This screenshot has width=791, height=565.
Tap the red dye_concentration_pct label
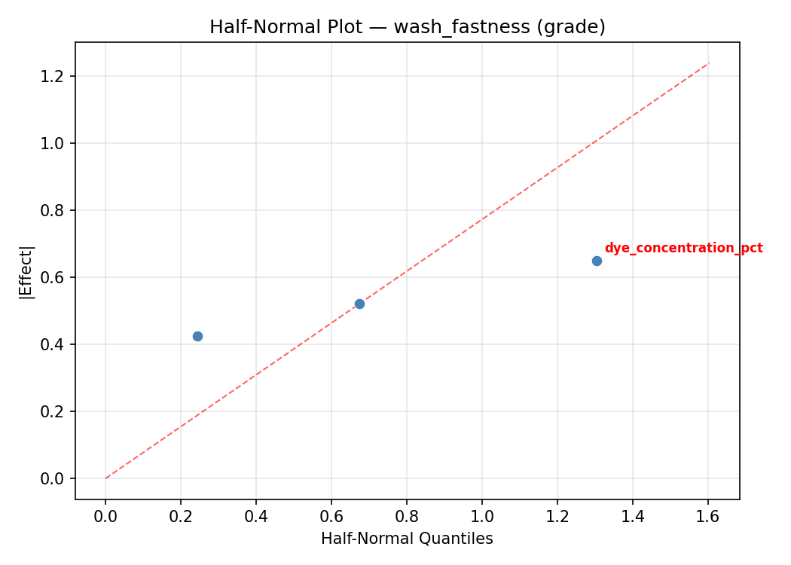(683, 248)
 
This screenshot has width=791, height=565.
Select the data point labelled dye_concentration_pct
(597, 261)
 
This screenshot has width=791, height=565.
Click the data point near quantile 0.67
(359, 304)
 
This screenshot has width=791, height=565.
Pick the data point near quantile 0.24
(197, 336)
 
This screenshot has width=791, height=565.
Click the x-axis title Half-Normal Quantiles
(407, 539)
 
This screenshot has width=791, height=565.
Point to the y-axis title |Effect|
(27, 271)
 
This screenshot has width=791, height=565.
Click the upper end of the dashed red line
(708, 63)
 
